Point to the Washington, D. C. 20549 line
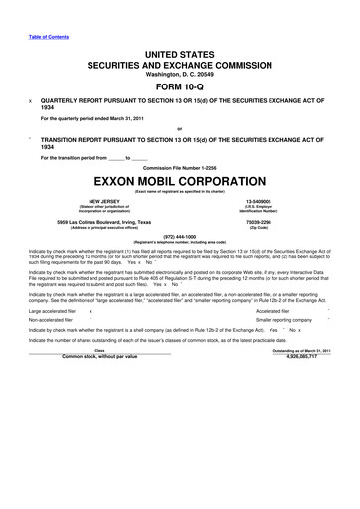(x=180, y=71)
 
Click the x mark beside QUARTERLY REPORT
(x=30, y=100)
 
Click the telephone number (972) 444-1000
(x=180, y=236)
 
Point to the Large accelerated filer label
(x=55, y=311)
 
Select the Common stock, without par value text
(x=99, y=355)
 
